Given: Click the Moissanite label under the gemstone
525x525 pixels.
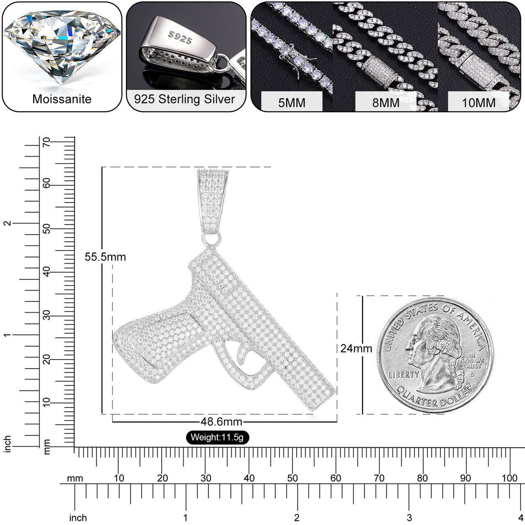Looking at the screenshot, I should (x=62, y=99).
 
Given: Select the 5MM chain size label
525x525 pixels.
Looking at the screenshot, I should (x=292, y=103).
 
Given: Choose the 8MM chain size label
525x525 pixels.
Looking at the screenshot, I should (x=386, y=103).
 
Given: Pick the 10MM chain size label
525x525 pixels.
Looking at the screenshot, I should (x=479, y=103).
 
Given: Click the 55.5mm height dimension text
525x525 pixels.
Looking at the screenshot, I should (x=105, y=257).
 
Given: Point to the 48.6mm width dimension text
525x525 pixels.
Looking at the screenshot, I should (x=221, y=422).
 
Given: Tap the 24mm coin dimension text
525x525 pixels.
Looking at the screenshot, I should (x=356, y=349).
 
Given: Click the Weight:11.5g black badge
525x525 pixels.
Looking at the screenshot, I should (x=217, y=437).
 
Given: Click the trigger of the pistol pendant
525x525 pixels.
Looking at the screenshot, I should (x=243, y=353).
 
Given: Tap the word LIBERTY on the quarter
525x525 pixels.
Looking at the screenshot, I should (x=404, y=374).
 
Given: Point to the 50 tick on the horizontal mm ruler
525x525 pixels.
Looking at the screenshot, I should (x=292, y=478).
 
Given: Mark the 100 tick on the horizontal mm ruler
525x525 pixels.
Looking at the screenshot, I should (x=509, y=478).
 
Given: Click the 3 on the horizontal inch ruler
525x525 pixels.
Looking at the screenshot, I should (x=409, y=518).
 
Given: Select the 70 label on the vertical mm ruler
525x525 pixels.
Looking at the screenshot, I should (x=47, y=142).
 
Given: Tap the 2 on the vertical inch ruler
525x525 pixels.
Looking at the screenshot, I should (x=7, y=223).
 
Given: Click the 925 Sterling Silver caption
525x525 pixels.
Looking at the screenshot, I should (x=185, y=99).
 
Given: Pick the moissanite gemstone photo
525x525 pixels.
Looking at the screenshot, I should (x=62, y=47).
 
